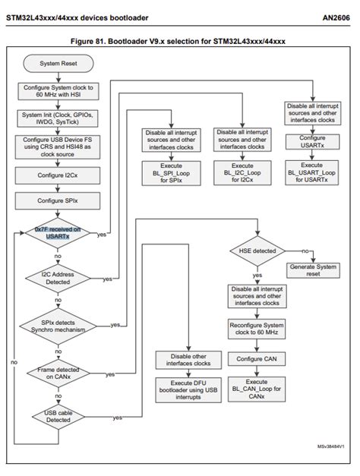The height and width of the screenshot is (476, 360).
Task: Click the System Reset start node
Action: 55,63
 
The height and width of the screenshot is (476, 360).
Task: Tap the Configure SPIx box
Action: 55,200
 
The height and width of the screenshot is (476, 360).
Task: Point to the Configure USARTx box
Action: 312,143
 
